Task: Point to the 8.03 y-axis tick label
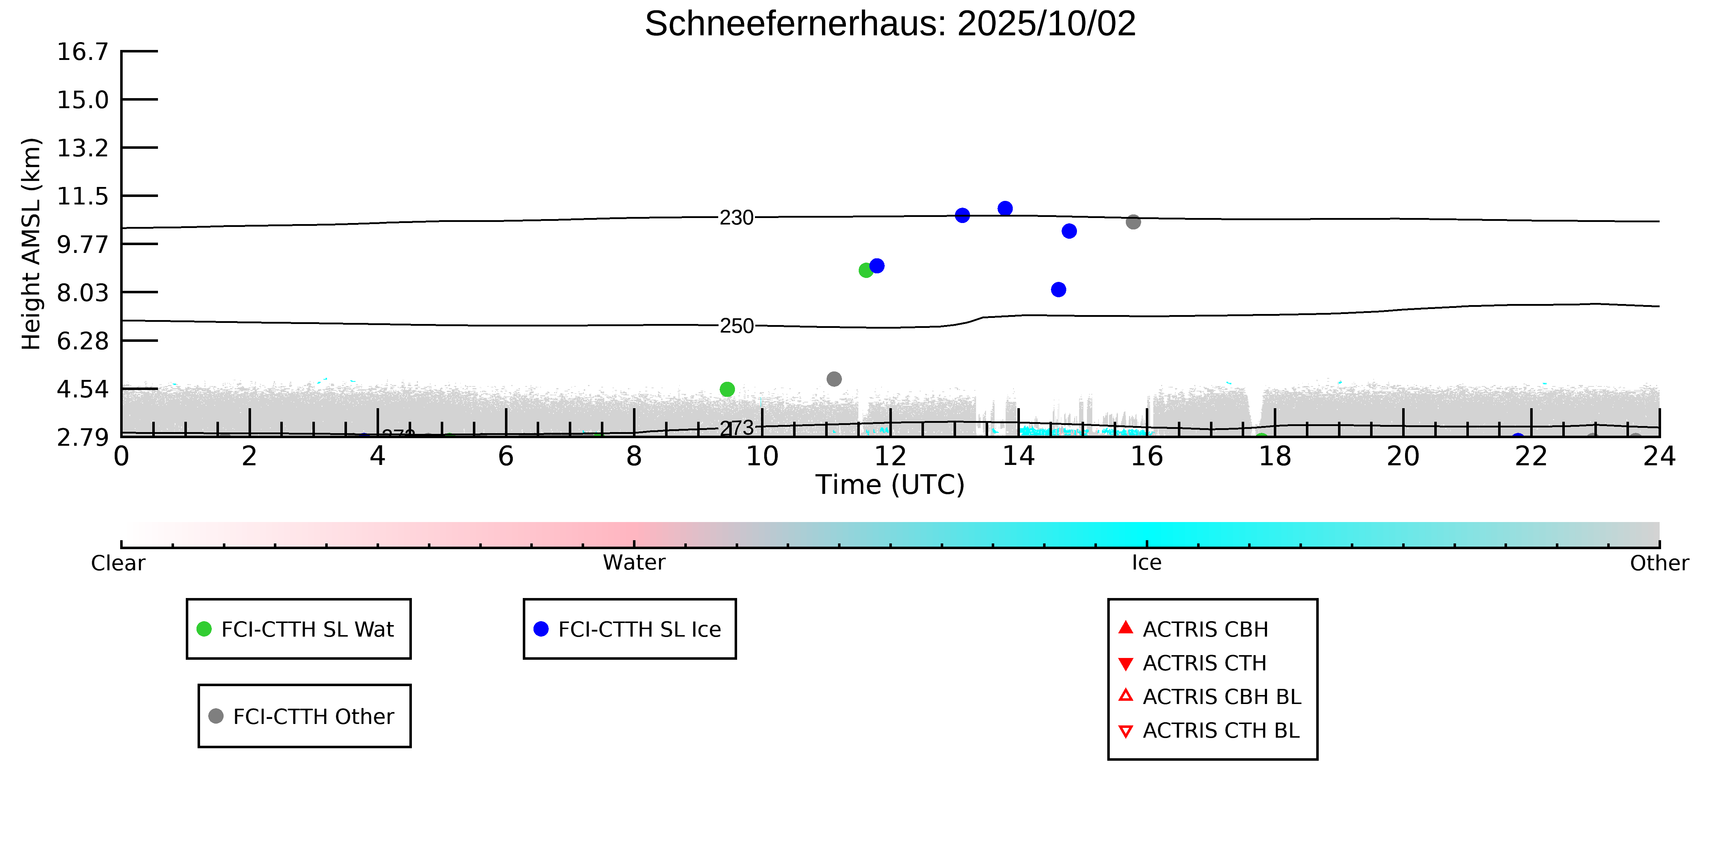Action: tap(82, 293)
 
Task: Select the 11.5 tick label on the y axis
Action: tap(82, 196)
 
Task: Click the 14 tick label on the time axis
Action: tap(1018, 457)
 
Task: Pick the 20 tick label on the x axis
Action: tap(1403, 457)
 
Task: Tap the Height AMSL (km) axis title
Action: tap(31, 244)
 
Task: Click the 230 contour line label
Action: tap(737, 217)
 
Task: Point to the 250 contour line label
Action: tap(737, 326)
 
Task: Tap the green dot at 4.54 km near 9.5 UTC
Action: tap(727, 389)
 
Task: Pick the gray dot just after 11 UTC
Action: tap(834, 379)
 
